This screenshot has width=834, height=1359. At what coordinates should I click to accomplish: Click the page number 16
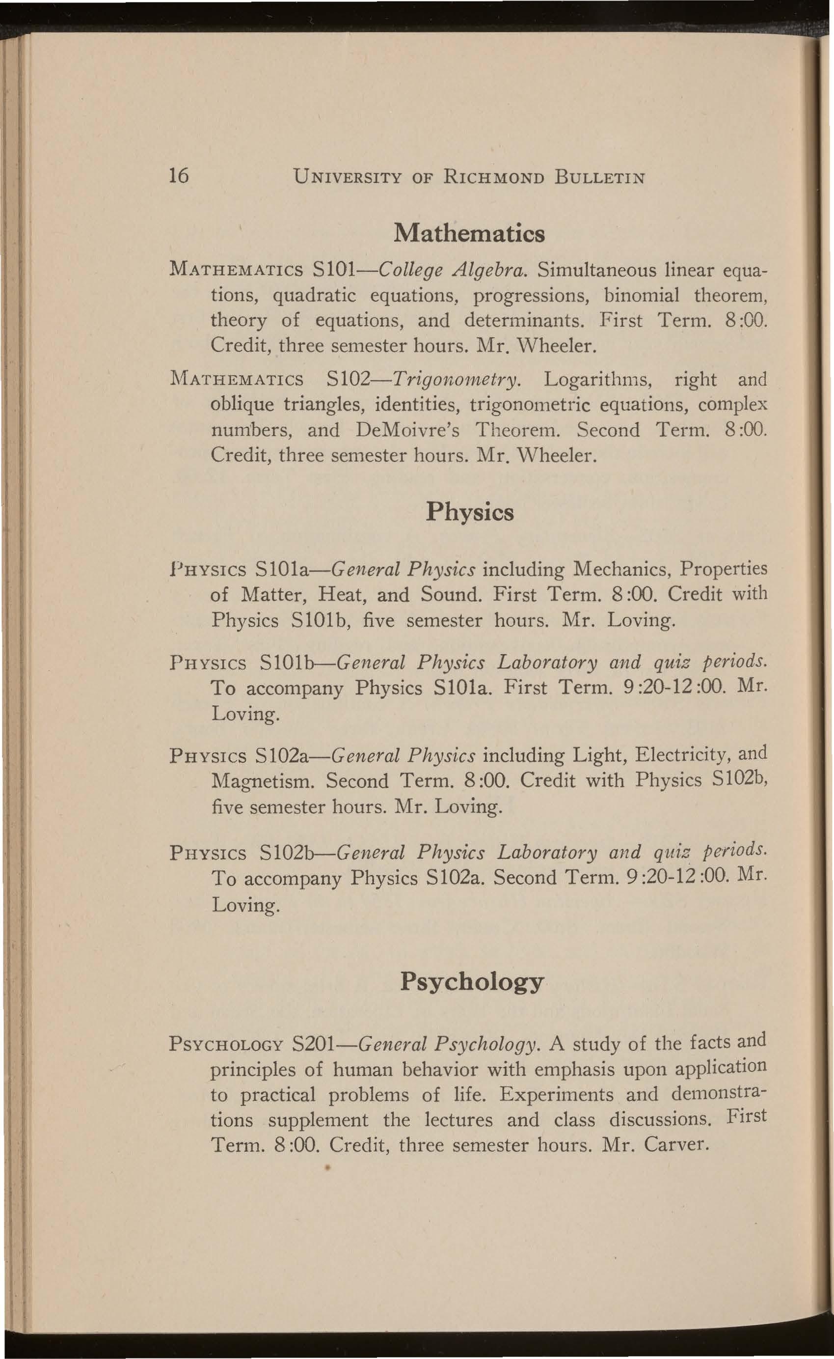pyautogui.click(x=179, y=175)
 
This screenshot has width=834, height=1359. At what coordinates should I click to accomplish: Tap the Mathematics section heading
pyautogui.click(x=469, y=233)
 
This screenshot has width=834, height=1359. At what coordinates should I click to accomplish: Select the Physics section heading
pyautogui.click(x=470, y=513)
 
